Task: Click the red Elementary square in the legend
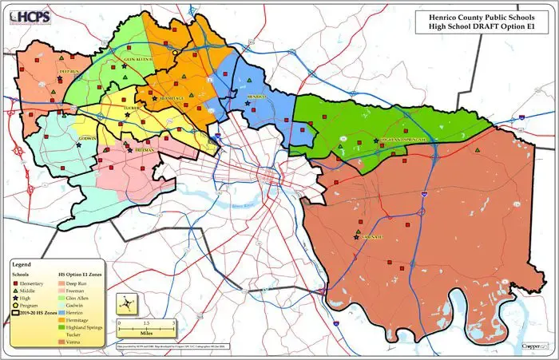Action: coord(16,283)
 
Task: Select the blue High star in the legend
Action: coord(16,298)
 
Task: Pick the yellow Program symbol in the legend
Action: coord(16,306)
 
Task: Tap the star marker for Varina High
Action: coord(356,237)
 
